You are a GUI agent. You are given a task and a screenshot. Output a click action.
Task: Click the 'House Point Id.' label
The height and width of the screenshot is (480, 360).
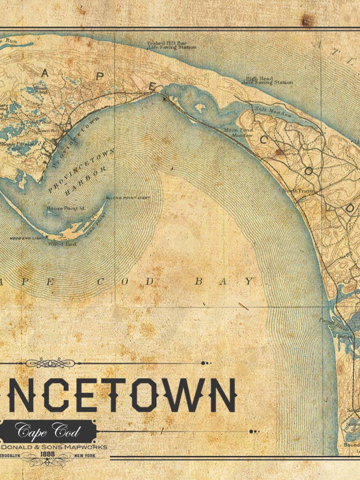click(65, 209)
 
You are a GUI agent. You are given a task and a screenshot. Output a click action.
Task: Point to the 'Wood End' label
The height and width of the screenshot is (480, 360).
click(62, 244)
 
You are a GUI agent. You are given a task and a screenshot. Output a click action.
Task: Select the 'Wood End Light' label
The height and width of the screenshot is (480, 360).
click(25, 238)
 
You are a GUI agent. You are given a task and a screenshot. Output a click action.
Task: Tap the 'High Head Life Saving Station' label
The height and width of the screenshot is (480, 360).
click(268, 81)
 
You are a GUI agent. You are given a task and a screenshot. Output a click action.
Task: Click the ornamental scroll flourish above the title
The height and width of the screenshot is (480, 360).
click(50, 363)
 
